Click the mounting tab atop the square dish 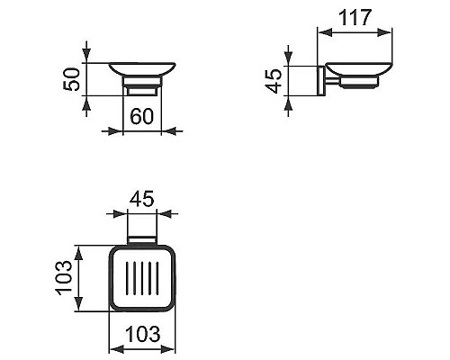point(140,240)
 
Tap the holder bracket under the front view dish point(141,89)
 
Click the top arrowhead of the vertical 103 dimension point(80,249)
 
